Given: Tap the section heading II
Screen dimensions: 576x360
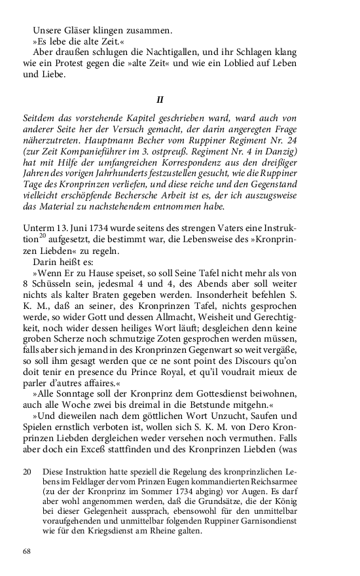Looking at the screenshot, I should [158, 100].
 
